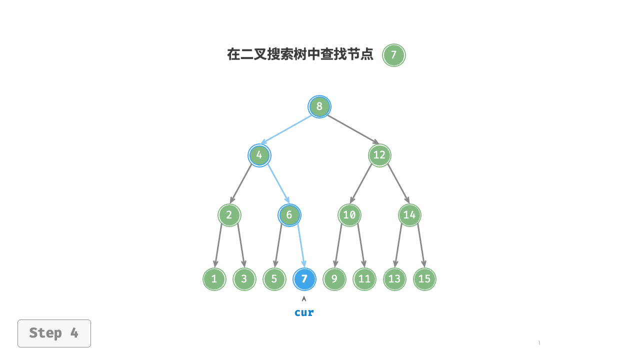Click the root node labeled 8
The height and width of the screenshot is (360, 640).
click(319, 106)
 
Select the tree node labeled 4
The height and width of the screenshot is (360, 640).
click(259, 155)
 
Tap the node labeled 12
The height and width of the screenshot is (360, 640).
click(379, 155)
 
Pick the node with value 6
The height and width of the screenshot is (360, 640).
click(289, 215)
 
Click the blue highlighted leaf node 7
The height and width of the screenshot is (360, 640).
click(304, 279)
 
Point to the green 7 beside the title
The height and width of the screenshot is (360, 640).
click(394, 55)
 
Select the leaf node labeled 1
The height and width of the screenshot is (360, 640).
click(214, 279)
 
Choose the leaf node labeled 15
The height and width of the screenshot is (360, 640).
click(424, 279)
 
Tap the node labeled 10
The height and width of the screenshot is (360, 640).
click(349, 215)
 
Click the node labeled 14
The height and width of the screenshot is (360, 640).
click(409, 215)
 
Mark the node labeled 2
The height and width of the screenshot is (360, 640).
click(229, 215)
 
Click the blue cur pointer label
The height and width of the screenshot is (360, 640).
click(304, 312)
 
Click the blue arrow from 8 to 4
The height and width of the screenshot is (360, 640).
click(286, 129)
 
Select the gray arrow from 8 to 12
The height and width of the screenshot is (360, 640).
click(353, 129)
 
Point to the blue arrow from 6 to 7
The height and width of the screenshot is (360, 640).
click(301, 245)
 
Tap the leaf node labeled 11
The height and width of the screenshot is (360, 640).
click(364, 279)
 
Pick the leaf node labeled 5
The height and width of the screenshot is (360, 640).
click(274, 279)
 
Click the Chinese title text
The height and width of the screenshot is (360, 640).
click(300, 54)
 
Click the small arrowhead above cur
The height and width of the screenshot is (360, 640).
click(304, 298)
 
